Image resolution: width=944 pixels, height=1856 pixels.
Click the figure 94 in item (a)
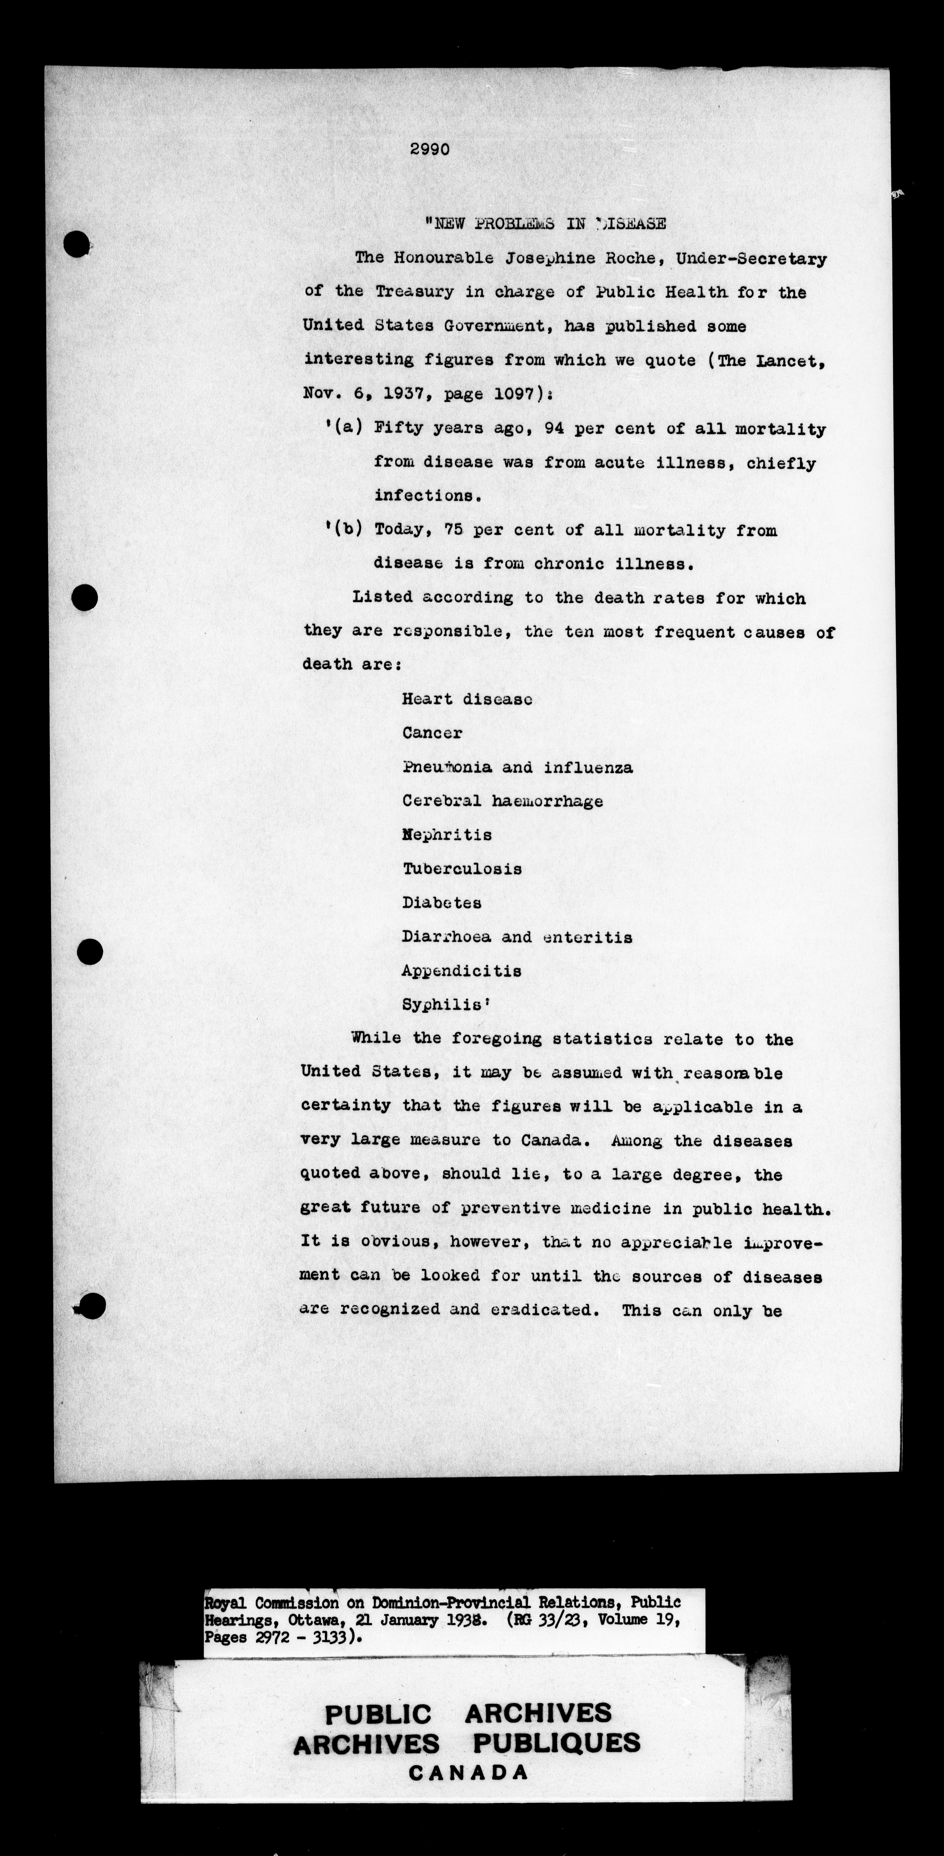(554, 429)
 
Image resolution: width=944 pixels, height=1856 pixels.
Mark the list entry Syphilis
(445, 1004)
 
